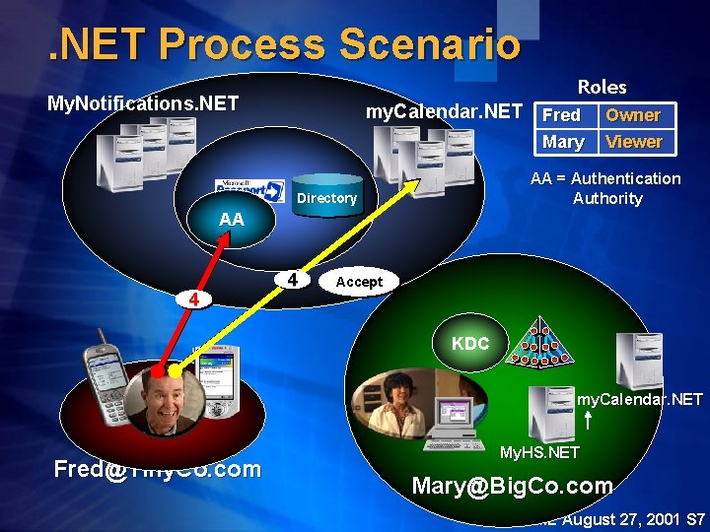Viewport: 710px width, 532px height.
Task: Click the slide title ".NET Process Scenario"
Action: (285, 44)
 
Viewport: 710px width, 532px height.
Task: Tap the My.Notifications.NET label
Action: (143, 103)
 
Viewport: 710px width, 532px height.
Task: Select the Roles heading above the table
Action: (602, 88)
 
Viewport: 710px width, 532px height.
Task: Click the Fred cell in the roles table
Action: (562, 115)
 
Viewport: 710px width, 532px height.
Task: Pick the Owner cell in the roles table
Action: (633, 115)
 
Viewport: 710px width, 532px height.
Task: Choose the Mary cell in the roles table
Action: (563, 142)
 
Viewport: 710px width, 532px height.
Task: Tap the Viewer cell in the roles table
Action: (633, 142)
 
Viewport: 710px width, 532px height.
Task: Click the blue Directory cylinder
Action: (326, 197)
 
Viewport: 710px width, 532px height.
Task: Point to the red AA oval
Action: (232, 220)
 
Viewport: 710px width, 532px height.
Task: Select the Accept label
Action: (359, 283)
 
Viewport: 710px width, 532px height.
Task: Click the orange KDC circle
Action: (471, 344)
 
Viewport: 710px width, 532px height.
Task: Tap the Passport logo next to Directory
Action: (249, 189)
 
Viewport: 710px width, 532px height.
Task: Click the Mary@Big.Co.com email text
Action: (512, 486)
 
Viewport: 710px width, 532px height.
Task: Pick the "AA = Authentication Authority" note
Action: (605, 188)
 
